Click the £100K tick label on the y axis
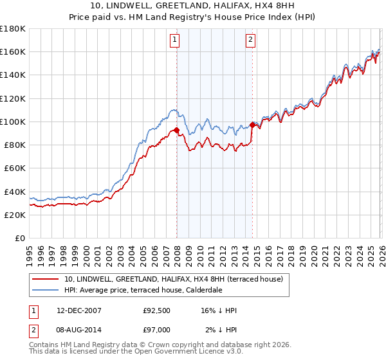[x=13, y=122]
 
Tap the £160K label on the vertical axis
[x=13, y=51]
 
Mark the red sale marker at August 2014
[x=252, y=125]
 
